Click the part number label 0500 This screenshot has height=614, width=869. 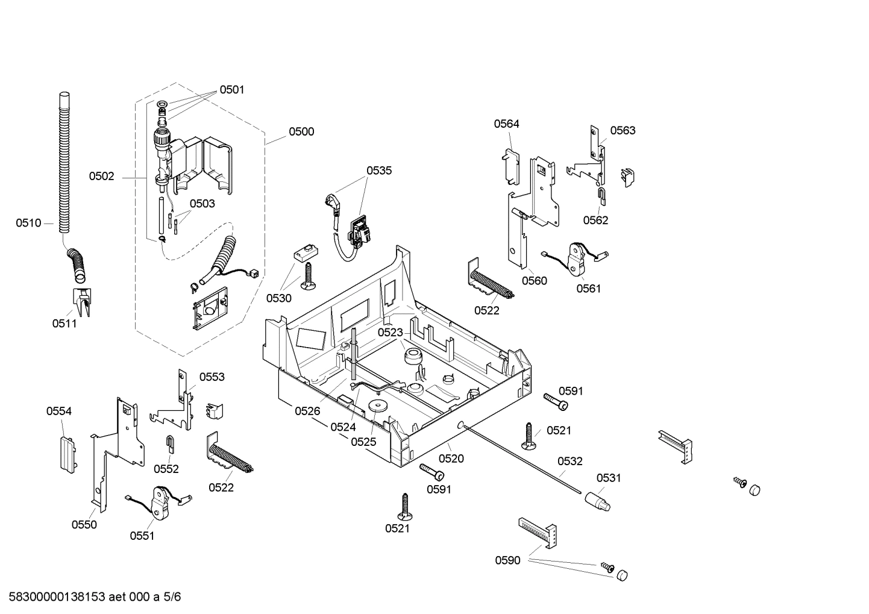click(301, 131)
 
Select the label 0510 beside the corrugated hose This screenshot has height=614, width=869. click(28, 223)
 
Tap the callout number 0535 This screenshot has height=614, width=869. click(379, 171)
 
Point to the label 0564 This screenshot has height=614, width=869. click(506, 124)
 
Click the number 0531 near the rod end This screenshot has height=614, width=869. click(609, 478)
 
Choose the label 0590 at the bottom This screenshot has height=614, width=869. click(507, 560)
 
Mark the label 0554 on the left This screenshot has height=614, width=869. click(59, 411)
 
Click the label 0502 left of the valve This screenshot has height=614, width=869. click(101, 177)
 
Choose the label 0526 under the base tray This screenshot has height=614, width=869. click(307, 411)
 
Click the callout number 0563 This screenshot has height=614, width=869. click(623, 130)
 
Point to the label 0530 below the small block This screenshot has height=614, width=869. click(279, 298)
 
